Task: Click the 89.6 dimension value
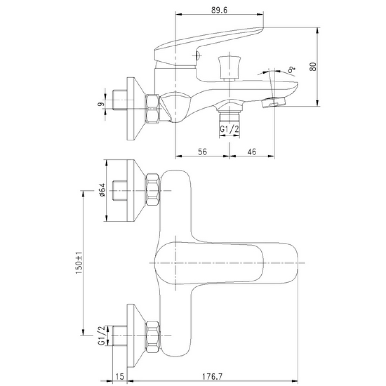point(219,10)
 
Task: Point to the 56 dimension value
point(202,152)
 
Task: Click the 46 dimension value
point(252,152)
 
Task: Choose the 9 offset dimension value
point(101,104)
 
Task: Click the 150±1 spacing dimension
point(79,263)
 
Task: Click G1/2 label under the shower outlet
point(229,129)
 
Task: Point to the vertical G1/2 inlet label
point(102,335)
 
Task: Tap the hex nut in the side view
point(152,108)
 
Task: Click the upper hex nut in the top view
point(152,190)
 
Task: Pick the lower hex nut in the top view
point(152,337)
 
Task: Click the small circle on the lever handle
point(197,56)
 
